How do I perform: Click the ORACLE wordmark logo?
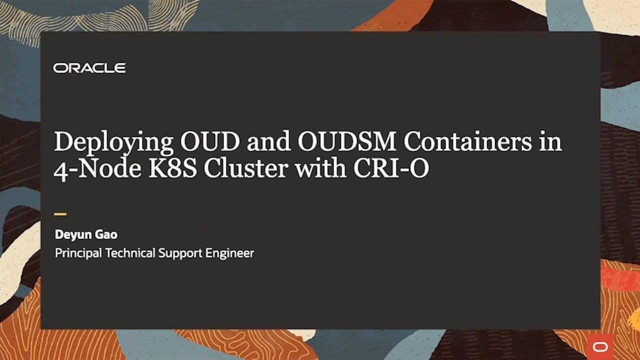click(x=89, y=68)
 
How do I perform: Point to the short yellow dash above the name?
click(x=60, y=214)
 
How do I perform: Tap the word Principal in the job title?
click(x=78, y=253)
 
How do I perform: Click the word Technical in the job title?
click(x=130, y=253)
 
